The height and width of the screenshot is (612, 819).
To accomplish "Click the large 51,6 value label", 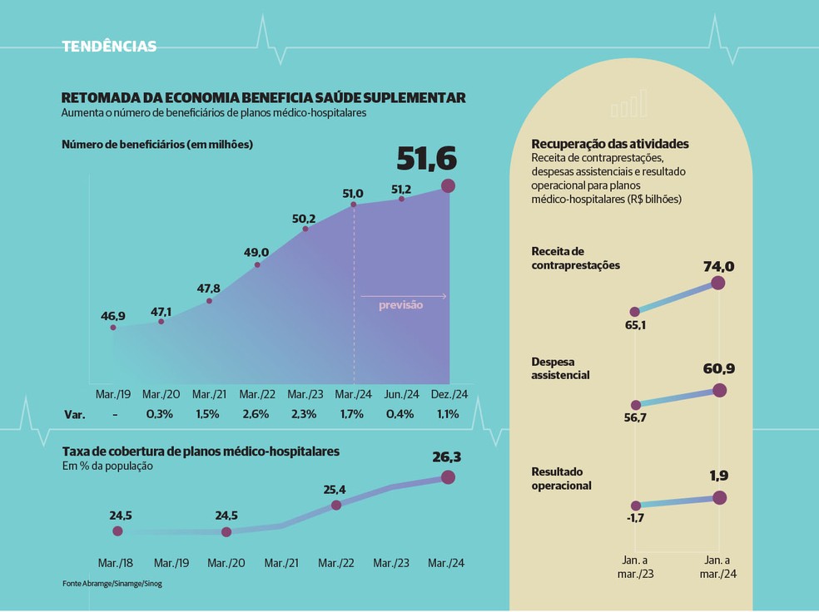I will (427, 158).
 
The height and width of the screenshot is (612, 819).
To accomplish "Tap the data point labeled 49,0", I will (257, 265).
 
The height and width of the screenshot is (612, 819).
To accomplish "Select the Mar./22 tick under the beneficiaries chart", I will (257, 394).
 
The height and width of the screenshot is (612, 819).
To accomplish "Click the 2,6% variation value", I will (256, 414).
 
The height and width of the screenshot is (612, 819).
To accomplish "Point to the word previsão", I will (401, 305).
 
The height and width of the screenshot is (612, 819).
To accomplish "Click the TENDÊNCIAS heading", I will (109, 47).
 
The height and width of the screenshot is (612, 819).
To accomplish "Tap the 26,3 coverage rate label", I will (448, 457).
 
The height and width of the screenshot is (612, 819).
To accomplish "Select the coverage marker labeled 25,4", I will (336, 505).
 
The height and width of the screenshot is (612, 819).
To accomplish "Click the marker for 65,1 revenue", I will (636, 311).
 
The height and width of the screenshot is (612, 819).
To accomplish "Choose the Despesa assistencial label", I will (560, 369).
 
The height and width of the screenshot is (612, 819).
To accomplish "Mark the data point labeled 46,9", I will (113, 328).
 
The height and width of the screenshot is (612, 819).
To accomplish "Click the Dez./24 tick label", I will (448, 394).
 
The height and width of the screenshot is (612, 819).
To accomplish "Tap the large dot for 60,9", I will (720, 390).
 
